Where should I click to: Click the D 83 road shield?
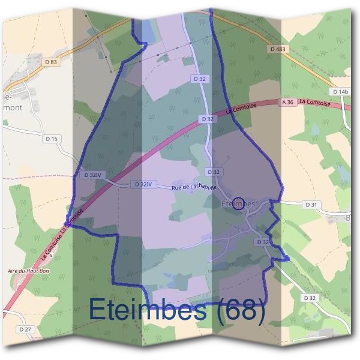(x=51, y=61)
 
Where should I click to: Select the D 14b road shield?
(x=340, y=91)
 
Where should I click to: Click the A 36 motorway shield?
(x=288, y=103)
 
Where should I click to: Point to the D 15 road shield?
(x=53, y=139)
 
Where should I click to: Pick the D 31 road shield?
(x=311, y=205)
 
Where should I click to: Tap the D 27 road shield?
(x=25, y=329)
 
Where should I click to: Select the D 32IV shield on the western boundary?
(x=92, y=175)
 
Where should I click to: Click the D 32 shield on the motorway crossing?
(x=208, y=119)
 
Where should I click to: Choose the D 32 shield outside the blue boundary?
(x=310, y=298)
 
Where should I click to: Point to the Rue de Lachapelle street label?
(x=194, y=187)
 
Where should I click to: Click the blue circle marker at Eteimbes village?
(x=238, y=204)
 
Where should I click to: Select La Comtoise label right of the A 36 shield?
(x=316, y=102)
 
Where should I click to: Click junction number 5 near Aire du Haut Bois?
(x=52, y=256)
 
